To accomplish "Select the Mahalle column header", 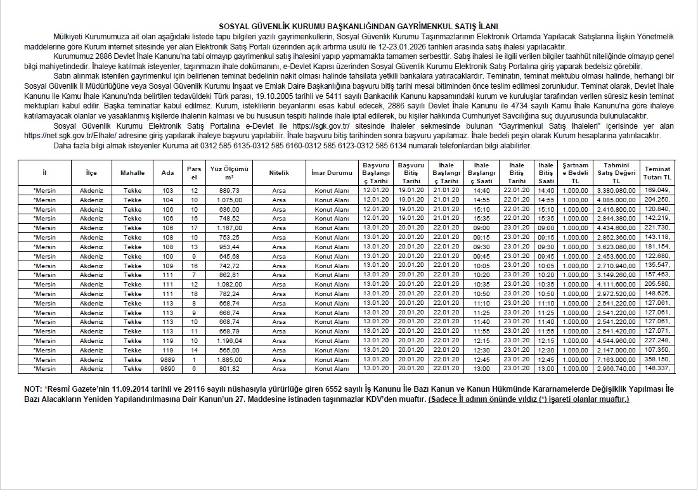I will [x=132, y=172].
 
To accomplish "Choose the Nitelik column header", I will [x=278, y=172].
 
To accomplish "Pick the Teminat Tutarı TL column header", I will [x=657, y=173].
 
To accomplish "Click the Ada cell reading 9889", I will [x=167, y=359].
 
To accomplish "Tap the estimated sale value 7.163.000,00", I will [x=616, y=359].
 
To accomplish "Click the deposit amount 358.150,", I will [x=657, y=359].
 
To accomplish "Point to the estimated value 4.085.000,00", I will [x=616, y=200].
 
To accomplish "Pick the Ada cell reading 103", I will [x=167, y=190].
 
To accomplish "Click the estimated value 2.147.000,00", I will [x=616, y=351].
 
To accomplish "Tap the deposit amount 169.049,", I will [x=657, y=190].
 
